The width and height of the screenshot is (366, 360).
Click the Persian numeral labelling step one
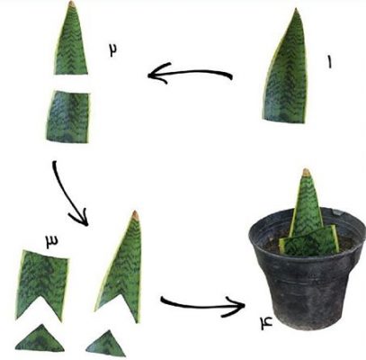coord(329,62)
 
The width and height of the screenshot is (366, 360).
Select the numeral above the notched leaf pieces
coord(52,242)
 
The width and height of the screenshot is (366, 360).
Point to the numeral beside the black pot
coord(266,323)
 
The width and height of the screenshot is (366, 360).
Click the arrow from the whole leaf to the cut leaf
coord(190,73)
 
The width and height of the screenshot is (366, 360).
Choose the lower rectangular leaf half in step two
coord(68,116)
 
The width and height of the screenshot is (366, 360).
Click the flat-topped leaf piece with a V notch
coord(42,281)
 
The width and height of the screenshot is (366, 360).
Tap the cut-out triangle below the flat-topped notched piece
coord(40,339)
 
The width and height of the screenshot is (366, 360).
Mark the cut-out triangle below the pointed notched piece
coord(106,345)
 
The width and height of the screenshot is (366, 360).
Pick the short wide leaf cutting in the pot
coord(309,242)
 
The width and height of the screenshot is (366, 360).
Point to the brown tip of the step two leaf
coord(72,4)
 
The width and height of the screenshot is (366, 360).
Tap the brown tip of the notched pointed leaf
coord(136,214)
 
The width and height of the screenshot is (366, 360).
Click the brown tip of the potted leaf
coord(307,172)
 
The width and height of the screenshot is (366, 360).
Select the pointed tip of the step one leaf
coord(296,9)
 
